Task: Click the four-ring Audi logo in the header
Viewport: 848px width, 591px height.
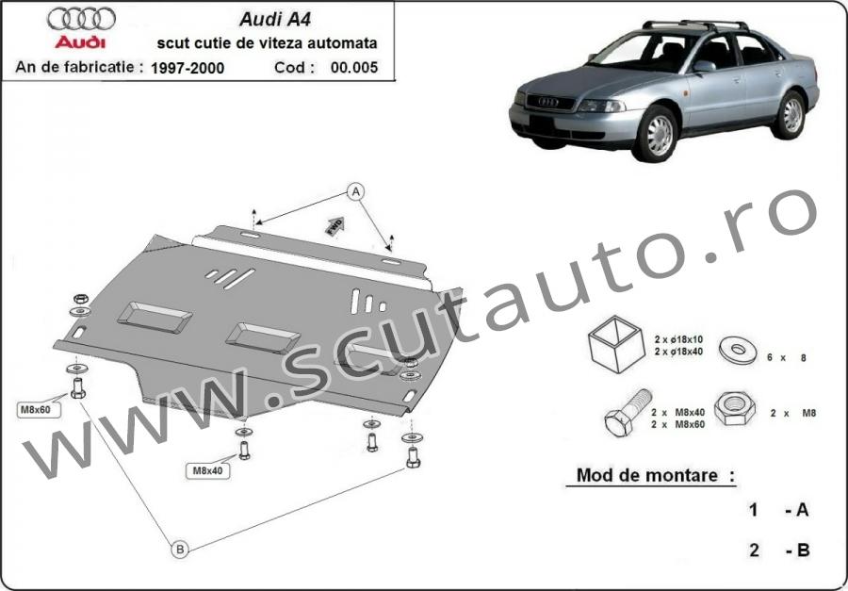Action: (x=81, y=19)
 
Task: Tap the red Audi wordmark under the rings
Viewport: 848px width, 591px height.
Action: (x=81, y=42)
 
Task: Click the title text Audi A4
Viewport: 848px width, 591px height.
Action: (x=275, y=20)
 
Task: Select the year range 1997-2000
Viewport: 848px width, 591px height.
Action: (x=188, y=68)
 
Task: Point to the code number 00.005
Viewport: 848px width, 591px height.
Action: (x=354, y=68)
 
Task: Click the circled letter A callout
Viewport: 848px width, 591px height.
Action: (x=355, y=191)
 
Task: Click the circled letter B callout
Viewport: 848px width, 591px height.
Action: (x=180, y=550)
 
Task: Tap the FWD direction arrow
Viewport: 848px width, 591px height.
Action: (x=334, y=225)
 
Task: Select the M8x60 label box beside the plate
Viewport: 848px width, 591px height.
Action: (x=36, y=410)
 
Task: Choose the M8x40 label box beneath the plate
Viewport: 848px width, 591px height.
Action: (x=207, y=471)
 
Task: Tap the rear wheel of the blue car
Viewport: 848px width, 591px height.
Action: (x=791, y=115)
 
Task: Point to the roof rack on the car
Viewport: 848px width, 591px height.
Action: (x=695, y=25)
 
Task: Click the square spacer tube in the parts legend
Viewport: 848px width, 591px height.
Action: (x=616, y=344)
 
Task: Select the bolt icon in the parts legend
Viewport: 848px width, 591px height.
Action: (x=628, y=413)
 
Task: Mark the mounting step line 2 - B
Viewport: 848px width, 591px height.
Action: (x=779, y=550)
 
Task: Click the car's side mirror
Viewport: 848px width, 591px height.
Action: (x=704, y=66)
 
